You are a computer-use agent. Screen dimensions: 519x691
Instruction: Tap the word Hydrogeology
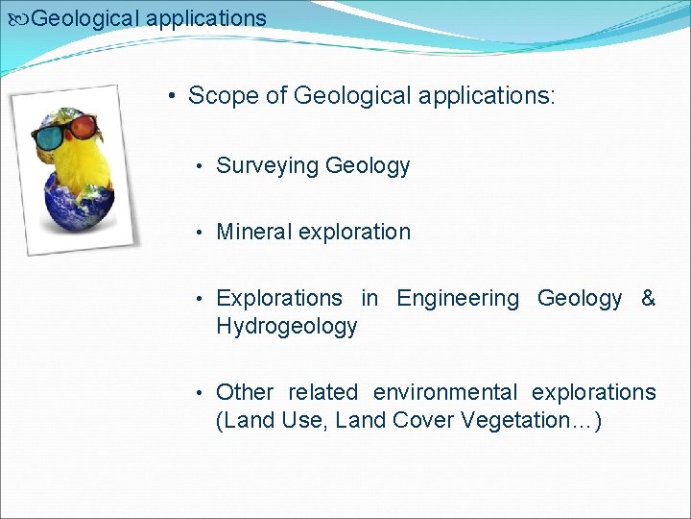[x=286, y=327]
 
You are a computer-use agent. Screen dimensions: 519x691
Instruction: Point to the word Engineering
[x=458, y=299]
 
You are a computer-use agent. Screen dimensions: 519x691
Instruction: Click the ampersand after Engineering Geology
[x=648, y=299]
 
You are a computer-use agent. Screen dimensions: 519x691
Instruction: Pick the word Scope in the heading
[x=219, y=96]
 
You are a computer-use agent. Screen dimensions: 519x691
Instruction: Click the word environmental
[x=444, y=392]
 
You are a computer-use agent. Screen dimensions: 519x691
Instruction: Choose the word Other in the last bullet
[x=245, y=392]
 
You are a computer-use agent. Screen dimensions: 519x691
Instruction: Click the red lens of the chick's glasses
[x=83, y=126]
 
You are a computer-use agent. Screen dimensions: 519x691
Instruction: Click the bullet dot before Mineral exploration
[x=198, y=233]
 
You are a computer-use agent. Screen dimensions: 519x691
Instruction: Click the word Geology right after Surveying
[x=368, y=166]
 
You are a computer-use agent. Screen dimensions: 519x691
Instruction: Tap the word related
[x=322, y=392]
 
